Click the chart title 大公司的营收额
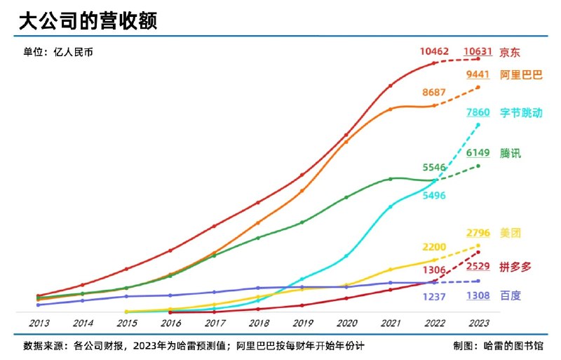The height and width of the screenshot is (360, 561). tap(88, 20)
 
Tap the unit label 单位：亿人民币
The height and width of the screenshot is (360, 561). tap(58, 52)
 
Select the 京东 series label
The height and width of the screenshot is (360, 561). tap(510, 52)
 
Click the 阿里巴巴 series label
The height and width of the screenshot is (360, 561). tap(521, 75)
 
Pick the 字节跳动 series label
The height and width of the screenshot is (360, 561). tap(521, 112)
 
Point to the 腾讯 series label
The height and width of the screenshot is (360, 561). tap(511, 154)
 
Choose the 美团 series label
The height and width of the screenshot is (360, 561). tap(511, 233)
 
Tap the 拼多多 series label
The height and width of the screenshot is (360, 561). tap(515, 267)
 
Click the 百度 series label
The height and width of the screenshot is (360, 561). tap(511, 296)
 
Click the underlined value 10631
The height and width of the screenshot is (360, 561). tap(478, 51)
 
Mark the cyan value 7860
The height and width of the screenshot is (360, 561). tap(478, 112)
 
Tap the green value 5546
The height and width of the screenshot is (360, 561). tap(434, 167)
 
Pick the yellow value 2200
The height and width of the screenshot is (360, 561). tap(434, 247)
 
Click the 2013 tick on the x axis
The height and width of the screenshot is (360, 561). tap(39, 324)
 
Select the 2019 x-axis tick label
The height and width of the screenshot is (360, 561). tap(302, 324)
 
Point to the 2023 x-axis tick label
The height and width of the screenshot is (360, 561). tap(478, 324)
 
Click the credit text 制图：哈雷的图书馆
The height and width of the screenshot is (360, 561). tap(498, 346)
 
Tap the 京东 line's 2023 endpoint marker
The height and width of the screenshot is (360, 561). tap(478, 59)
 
